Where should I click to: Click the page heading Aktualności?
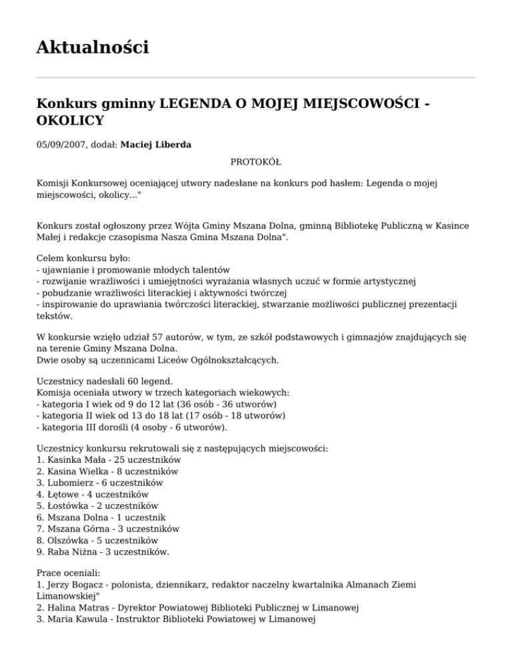93,47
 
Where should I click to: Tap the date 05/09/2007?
63,143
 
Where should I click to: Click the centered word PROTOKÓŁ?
256,162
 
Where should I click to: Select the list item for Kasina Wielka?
107,471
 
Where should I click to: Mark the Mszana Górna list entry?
108,529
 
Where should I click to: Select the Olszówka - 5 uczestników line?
98,540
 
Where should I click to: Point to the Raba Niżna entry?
103,551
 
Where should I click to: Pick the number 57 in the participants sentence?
140,347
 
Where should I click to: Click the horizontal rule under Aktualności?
256,77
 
